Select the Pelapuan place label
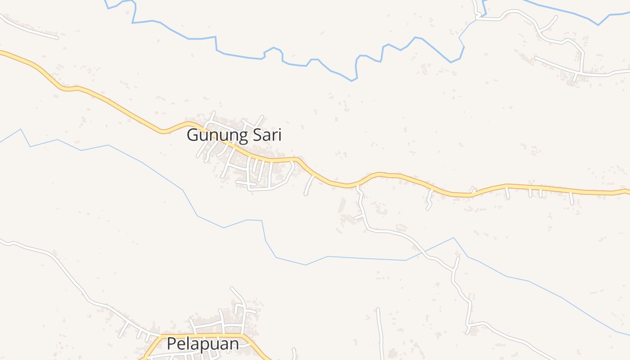point(202,344)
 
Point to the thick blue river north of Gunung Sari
point(238,56)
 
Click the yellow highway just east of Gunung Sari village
point(315,174)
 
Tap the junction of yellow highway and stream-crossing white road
point(358,184)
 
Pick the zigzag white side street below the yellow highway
point(430,200)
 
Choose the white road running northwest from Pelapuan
point(67,270)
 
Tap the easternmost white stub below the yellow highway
point(571,198)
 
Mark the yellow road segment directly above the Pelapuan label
point(202,335)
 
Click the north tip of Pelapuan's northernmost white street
point(231,288)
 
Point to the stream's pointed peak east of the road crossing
point(454,238)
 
